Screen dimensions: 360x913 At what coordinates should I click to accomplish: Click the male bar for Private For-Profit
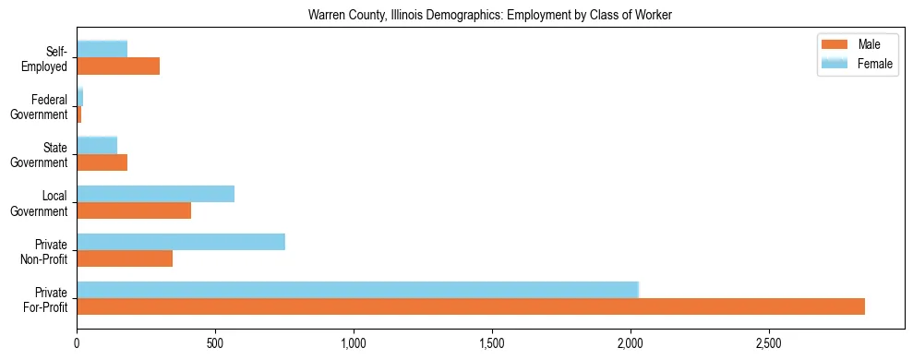pos(471,306)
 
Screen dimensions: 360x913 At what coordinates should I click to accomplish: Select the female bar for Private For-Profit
pos(357,290)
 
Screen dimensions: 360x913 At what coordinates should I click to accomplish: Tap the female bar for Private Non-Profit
pos(181,242)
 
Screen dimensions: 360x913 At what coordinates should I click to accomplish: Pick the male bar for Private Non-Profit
pos(125,258)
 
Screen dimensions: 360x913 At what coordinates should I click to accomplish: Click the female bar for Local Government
pos(155,194)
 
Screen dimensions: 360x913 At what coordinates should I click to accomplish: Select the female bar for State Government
pos(97,146)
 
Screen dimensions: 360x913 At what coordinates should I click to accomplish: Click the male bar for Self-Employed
pos(118,66)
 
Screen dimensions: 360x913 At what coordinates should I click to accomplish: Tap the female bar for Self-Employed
pos(102,49)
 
